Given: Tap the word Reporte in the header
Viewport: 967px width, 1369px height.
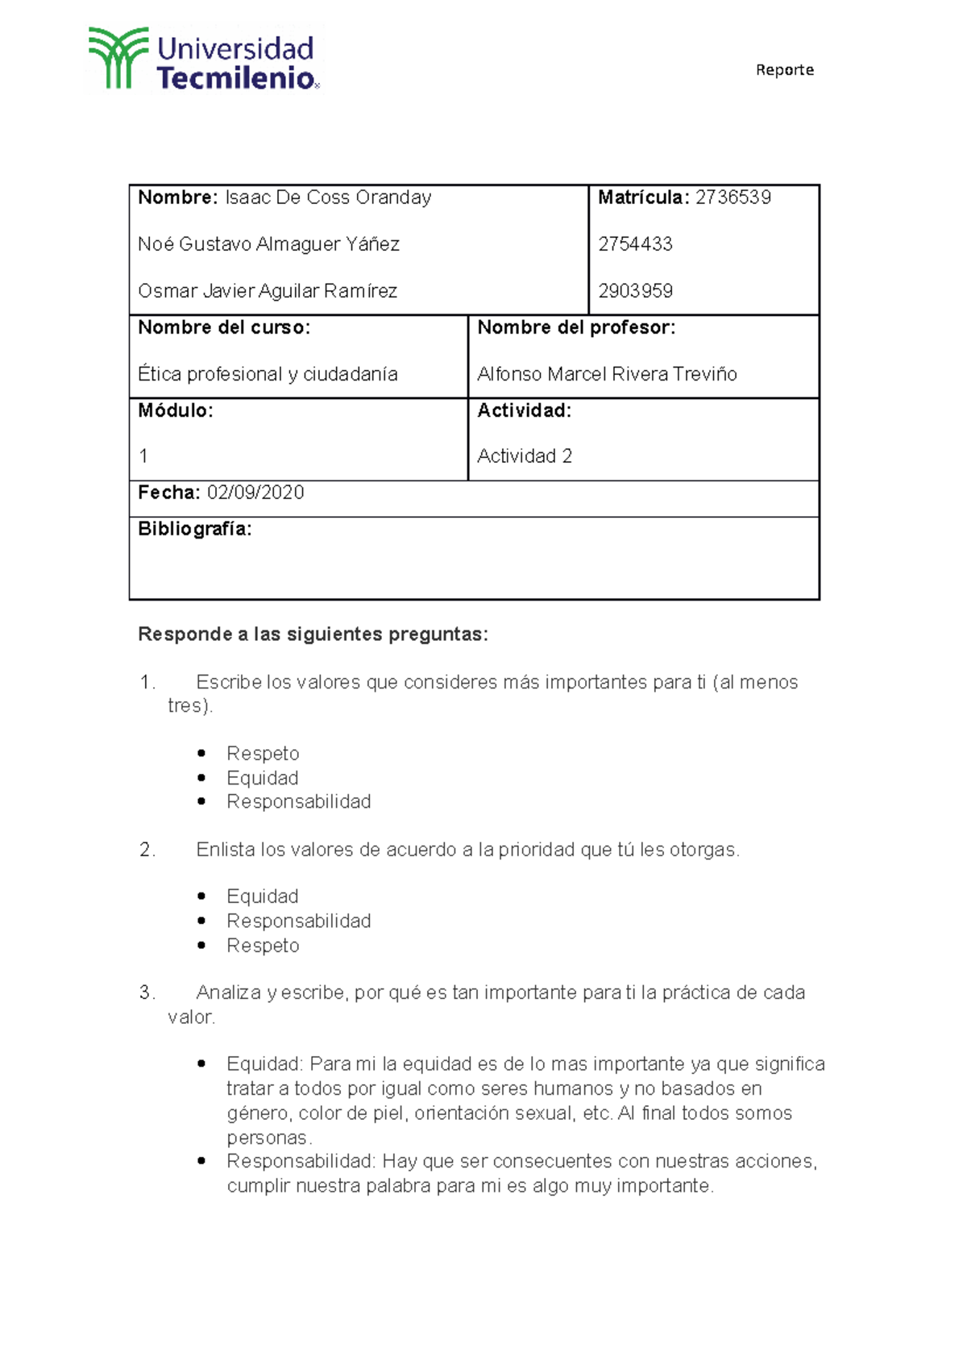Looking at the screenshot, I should tap(784, 70).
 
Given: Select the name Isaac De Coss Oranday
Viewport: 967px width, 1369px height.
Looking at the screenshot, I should tap(328, 198).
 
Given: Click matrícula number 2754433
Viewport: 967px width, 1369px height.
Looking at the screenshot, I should tap(635, 244).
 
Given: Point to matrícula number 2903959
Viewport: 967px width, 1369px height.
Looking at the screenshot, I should tap(635, 291).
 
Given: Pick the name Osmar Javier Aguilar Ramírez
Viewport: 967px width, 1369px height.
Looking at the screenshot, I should tap(268, 291).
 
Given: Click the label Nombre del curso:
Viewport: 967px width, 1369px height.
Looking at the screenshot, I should tap(224, 327).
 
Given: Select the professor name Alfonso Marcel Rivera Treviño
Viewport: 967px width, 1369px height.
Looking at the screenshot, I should tap(607, 374).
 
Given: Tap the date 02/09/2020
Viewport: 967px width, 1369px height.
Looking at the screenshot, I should tap(255, 493).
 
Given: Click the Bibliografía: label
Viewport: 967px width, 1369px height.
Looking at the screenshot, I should tap(195, 529).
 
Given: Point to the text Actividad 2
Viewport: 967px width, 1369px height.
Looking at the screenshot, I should tap(525, 456).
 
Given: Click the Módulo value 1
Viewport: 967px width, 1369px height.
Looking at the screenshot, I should tap(143, 456).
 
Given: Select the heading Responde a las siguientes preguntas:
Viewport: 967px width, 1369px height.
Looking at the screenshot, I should tap(313, 635).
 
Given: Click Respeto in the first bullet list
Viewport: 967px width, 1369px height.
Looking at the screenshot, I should tap(263, 754).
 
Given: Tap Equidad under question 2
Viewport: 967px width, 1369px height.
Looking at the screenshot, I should tap(263, 897).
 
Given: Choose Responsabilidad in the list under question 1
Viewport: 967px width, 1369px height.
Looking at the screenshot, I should tap(298, 801).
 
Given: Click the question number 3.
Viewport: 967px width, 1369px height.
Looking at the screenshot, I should tap(146, 992).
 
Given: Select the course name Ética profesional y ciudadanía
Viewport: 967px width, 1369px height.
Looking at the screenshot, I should tap(268, 374).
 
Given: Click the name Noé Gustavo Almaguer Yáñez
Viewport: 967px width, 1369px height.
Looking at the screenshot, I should tap(268, 244).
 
